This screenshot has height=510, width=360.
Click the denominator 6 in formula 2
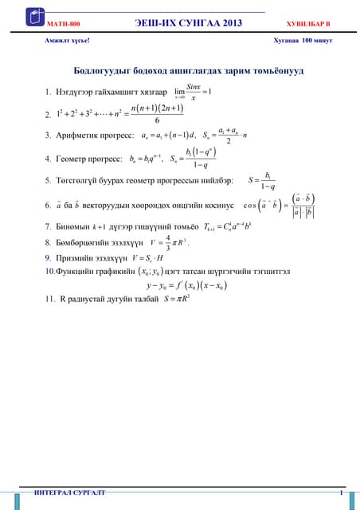pos(157,120)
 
